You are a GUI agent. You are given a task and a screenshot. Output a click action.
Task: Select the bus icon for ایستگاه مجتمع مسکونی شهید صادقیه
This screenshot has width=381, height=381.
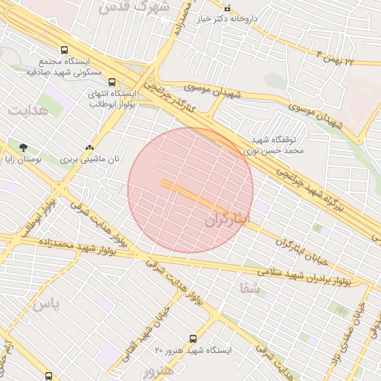[64, 50]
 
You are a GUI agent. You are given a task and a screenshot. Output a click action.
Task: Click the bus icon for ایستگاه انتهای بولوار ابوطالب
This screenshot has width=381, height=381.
[112, 83]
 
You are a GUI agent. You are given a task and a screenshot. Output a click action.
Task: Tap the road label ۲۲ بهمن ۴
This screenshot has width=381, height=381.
[345, 58]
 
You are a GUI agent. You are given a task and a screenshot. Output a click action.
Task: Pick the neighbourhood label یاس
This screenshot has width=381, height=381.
[44, 304]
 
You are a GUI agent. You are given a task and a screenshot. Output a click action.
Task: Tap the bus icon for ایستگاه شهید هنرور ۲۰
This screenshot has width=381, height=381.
[193, 339]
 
